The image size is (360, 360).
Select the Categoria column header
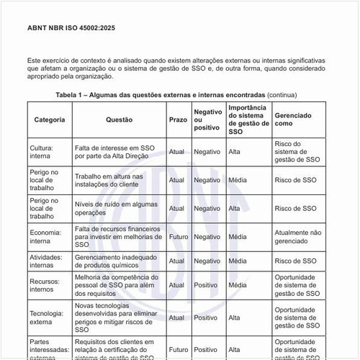[x=50, y=120]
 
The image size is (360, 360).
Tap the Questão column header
[x=119, y=120]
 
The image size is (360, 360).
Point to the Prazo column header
[x=178, y=120]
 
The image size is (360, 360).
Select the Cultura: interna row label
[x=45, y=152]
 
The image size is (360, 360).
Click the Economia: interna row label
[x=45, y=236]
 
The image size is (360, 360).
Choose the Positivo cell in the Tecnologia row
[x=206, y=318]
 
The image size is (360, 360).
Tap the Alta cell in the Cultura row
[x=234, y=152]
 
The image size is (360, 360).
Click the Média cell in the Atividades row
[x=237, y=261]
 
